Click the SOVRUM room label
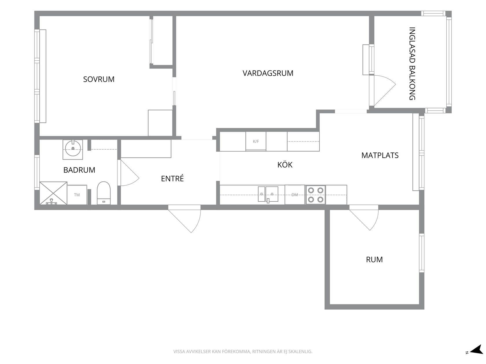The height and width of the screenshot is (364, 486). pyautogui.click(x=99, y=79)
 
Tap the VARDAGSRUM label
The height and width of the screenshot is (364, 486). pyautogui.click(x=268, y=73)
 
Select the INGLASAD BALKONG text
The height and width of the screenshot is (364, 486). pyautogui.click(x=412, y=64)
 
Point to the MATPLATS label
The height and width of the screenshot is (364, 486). pyautogui.click(x=380, y=155)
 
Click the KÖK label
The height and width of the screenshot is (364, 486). pyautogui.click(x=285, y=165)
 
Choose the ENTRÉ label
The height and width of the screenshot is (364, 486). pyautogui.click(x=172, y=178)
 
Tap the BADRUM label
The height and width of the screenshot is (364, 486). pyautogui.click(x=79, y=170)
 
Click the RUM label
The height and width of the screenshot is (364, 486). pyautogui.click(x=374, y=259)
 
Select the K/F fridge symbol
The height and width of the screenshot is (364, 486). pyautogui.click(x=256, y=141)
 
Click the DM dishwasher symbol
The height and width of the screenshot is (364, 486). pyautogui.click(x=295, y=195)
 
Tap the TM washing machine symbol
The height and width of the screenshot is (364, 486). pyautogui.click(x=77, y=195)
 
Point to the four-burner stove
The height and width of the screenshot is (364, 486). pyautogui.click(x=316, y=195)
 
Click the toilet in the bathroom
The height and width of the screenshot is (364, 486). pyautogui.click(x=104, y=193)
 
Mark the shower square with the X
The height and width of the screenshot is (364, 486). pyautogui.click(x=53, y=193)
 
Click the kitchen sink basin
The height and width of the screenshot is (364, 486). pyautogui.click(x=268, y=194)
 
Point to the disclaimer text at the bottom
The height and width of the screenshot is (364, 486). pyautogui.click(x=243, y=351)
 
